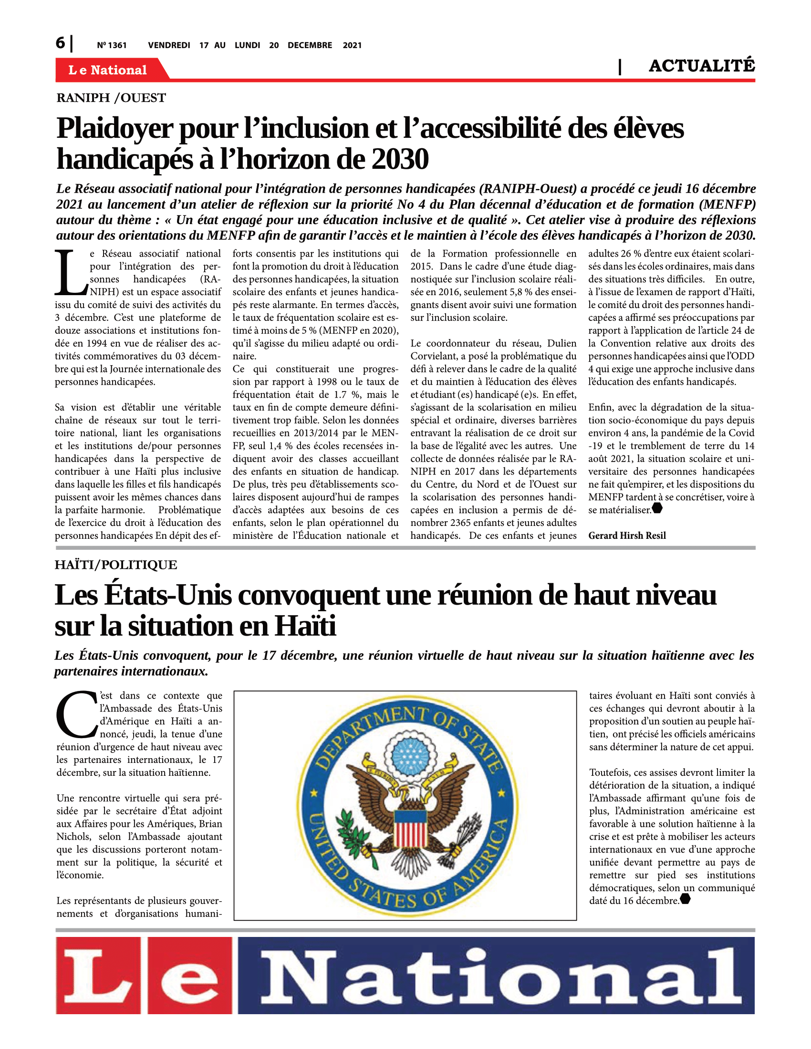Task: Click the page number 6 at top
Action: point(60,43)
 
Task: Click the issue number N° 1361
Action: point(112,45)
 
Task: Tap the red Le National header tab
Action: point(109,70)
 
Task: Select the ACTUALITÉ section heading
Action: point(701,66)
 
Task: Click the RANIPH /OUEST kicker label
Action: point(111,98)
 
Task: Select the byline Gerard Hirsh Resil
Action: point(627,535)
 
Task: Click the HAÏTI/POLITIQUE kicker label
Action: point(116,565)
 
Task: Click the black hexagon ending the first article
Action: point(657,508)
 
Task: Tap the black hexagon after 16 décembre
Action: point(685,898)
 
